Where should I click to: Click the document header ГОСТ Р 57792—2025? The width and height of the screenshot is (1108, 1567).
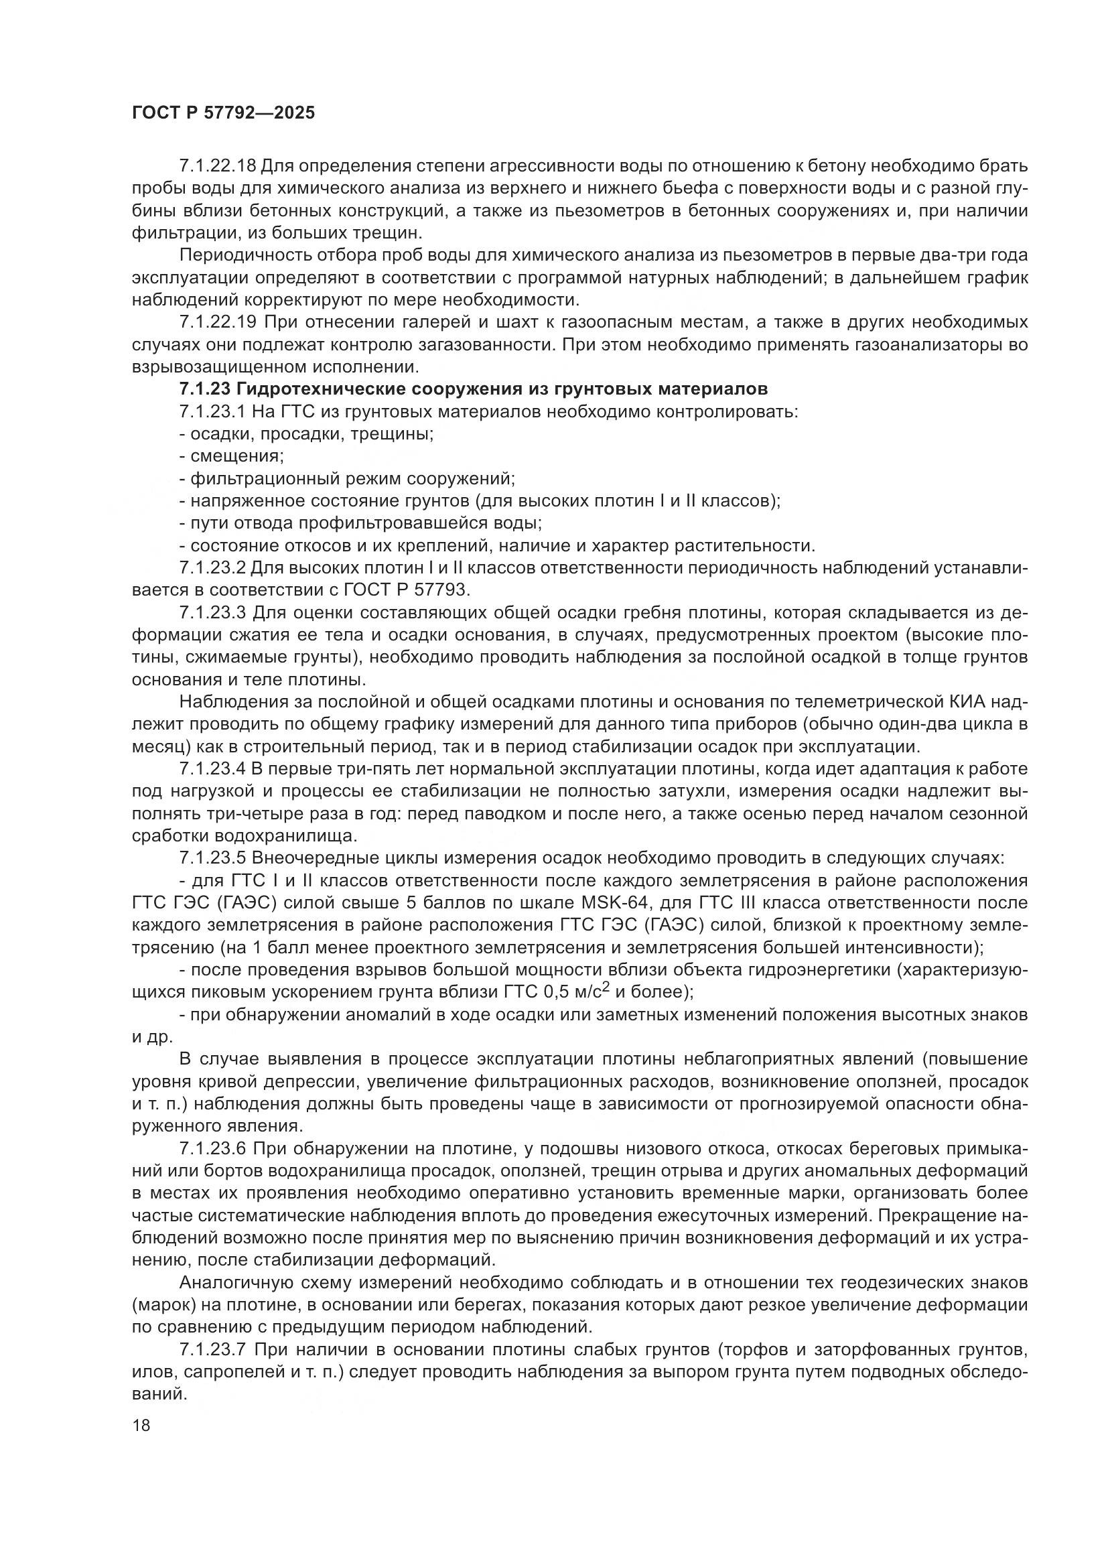pyautogui.click(x=223, y=113)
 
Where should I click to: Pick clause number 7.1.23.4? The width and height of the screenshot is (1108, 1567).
pyautogui.click(x=213, y=769)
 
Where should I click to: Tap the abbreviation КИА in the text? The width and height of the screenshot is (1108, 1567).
pyautogui.click(x=968, y=701)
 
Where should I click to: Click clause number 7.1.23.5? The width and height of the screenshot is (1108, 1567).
pyautogui.click(x=213, y=859)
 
